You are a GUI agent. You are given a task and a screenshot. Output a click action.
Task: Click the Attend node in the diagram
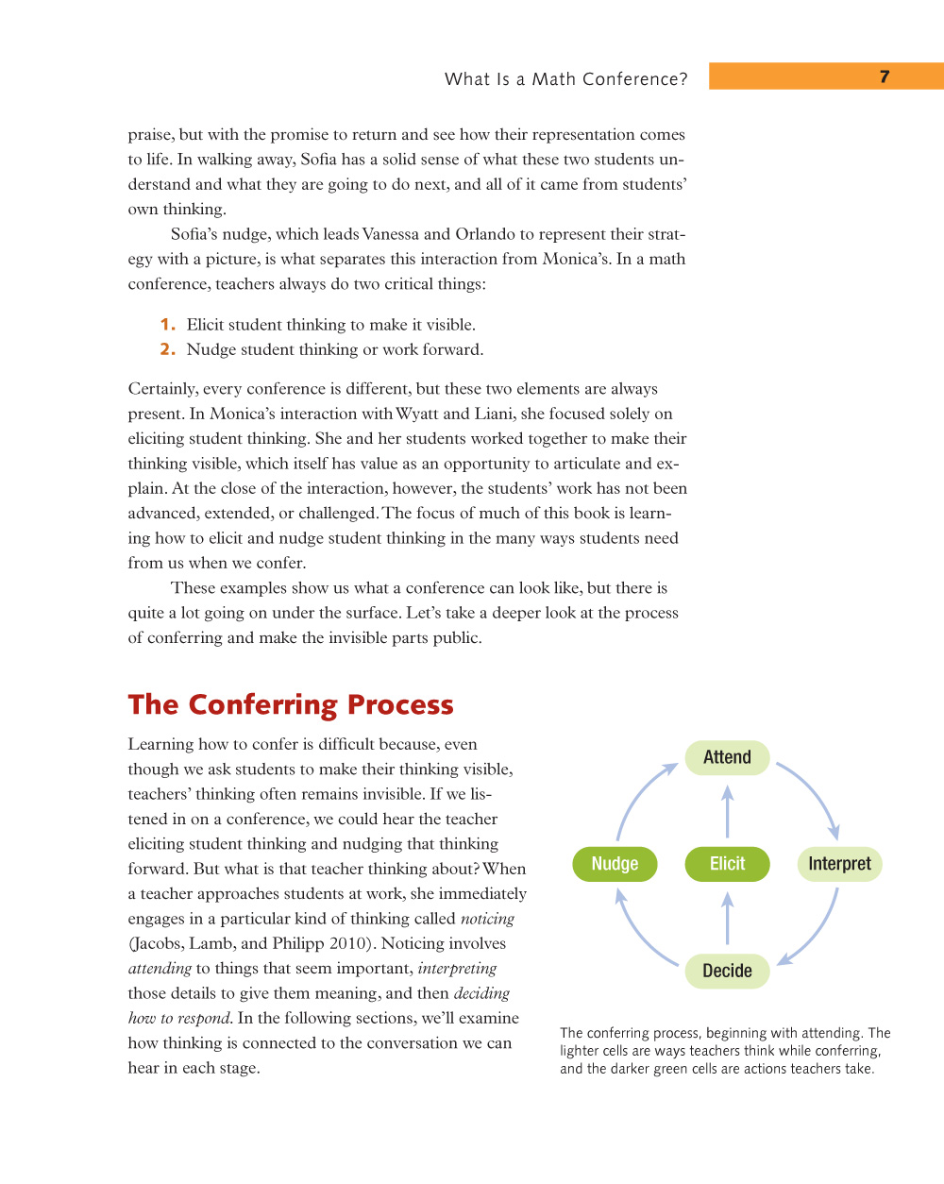coord(727,757)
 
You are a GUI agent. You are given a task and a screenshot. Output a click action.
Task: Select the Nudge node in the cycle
coord(615,864)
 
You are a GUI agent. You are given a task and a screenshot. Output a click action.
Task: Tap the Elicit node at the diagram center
coord(727,864)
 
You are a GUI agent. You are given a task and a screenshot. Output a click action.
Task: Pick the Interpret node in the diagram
coord(839,864)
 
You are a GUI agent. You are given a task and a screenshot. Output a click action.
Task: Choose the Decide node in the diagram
coord(727,971)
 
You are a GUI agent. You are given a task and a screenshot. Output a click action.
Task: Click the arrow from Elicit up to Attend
coord(727,812)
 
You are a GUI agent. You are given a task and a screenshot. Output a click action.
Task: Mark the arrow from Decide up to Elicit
coord(727,919)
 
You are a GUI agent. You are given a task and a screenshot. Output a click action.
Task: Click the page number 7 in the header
coord(885,76)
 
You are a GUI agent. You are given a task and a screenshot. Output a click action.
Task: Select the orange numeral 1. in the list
coord(167,325)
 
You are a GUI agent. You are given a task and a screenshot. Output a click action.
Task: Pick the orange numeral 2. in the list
coord(167,349)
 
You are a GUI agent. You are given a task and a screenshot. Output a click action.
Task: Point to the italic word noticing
coord(487,919)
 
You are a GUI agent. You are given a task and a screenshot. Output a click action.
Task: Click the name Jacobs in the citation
coord(156,943)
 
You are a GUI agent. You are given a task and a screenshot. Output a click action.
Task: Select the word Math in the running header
coord(553,79)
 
